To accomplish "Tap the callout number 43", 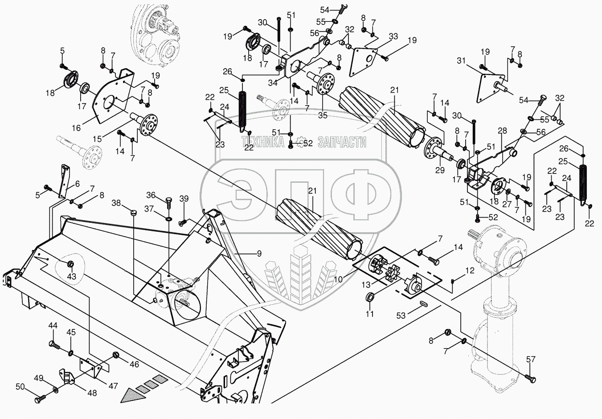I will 71,277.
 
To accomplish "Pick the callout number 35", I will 323,115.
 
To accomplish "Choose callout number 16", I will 76,128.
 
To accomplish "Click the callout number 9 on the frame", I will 258,254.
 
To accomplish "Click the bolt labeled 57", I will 530,379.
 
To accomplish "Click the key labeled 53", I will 423,303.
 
